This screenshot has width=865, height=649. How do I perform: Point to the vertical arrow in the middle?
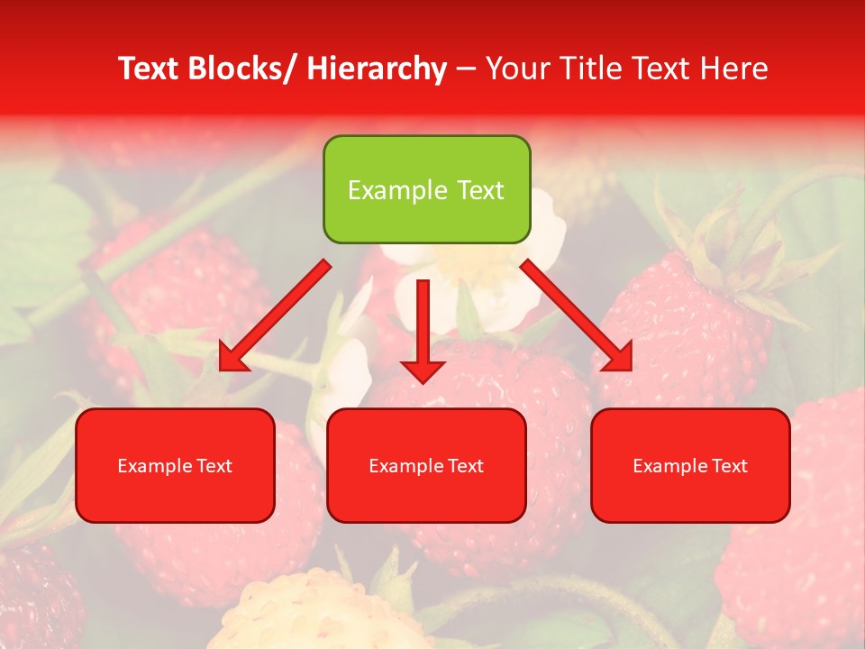click(x=423, y=330)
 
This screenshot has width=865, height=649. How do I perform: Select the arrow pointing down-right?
click(x=577, y=315)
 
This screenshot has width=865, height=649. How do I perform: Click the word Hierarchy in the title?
click(x=376, y=69)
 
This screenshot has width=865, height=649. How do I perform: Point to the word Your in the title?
click(x=517, y=69)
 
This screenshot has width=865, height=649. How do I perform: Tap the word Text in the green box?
click(x=479, y=190)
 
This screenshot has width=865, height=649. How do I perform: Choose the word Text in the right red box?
click(x=729, y=466)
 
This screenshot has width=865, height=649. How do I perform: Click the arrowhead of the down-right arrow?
click(x=617, y=356)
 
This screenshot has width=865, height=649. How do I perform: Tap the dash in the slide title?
click(x=467, y=69)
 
